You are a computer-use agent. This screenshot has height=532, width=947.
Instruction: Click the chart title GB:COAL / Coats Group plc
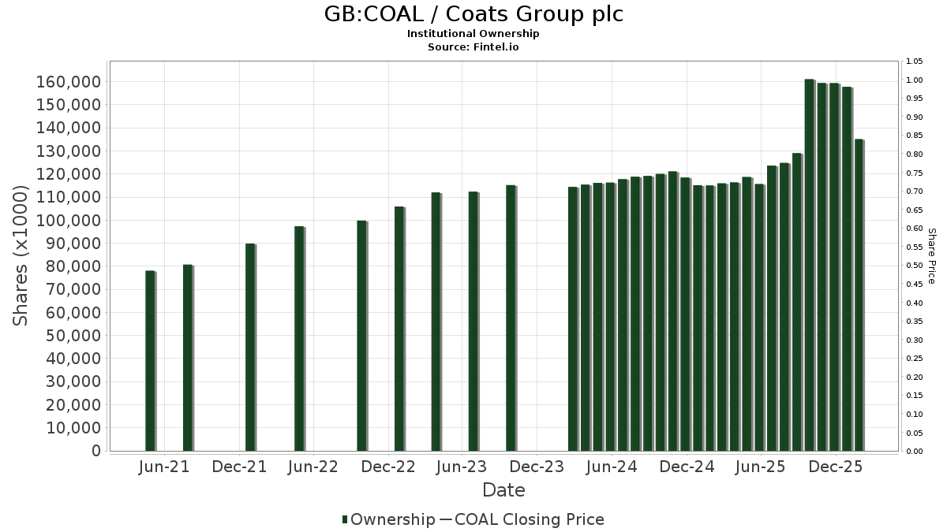pos(473,14)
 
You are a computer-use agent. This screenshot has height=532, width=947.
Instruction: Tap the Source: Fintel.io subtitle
pos(473,47)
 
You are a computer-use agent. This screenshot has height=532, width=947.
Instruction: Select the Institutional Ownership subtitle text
pos(473,34)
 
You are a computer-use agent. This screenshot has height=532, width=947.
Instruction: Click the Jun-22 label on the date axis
pos(314,467)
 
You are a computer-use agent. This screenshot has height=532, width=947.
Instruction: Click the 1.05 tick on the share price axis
pos(915,61)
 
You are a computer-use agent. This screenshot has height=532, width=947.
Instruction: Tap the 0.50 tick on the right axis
pos(915,266)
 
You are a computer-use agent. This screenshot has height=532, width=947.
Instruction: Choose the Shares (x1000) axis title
pos(21,256)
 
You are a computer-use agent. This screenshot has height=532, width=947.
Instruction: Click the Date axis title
pos(503,490)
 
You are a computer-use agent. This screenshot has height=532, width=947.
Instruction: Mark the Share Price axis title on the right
pos(931,256)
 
